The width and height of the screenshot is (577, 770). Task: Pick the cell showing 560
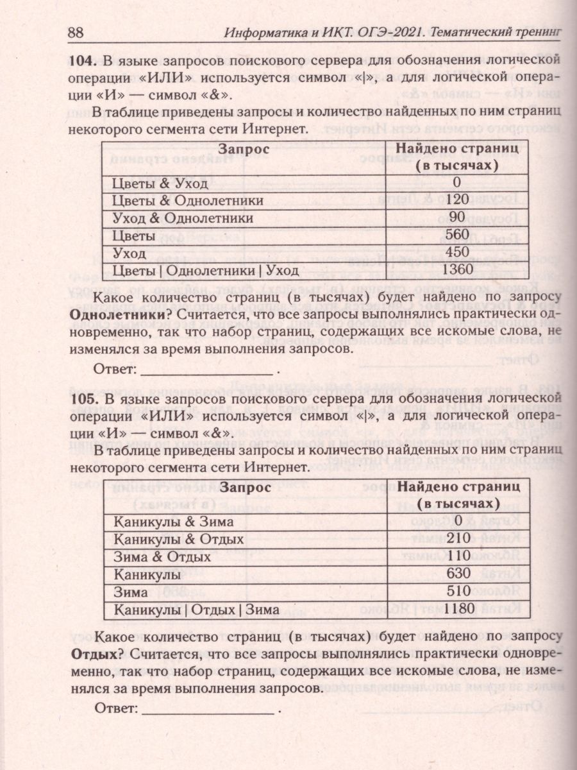456,235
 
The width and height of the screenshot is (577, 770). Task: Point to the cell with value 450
456,252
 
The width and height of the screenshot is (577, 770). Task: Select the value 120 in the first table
456,201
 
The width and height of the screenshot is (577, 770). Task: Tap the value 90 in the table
456,218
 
